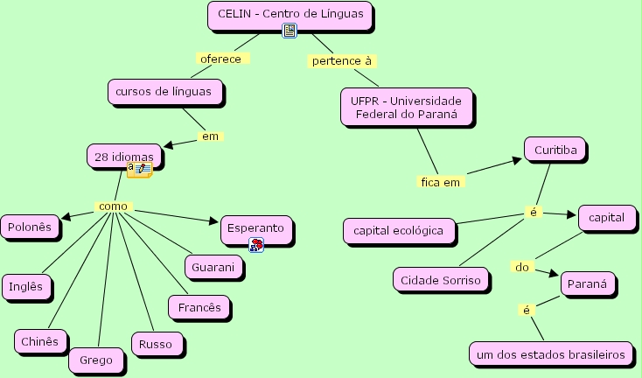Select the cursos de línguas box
click(x=164, y=91)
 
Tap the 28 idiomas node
click(x=124, y=156)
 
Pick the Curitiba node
click(x=555, y=150)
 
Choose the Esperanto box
click(x=255, y=228)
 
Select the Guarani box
click(x=213, y=267)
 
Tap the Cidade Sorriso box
click(x=441, y=280)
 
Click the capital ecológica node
click(x=399, y=232)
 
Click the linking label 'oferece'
click(x=223, y=59)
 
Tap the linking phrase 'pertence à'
click(x=342, y=60)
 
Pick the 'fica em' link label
click(x=440, y=182)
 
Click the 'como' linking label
click(x=114, y=206)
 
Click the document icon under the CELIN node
click(x=290, y=31)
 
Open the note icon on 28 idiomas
click(x=139, y=169)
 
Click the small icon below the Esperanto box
click(x=256, y=245)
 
